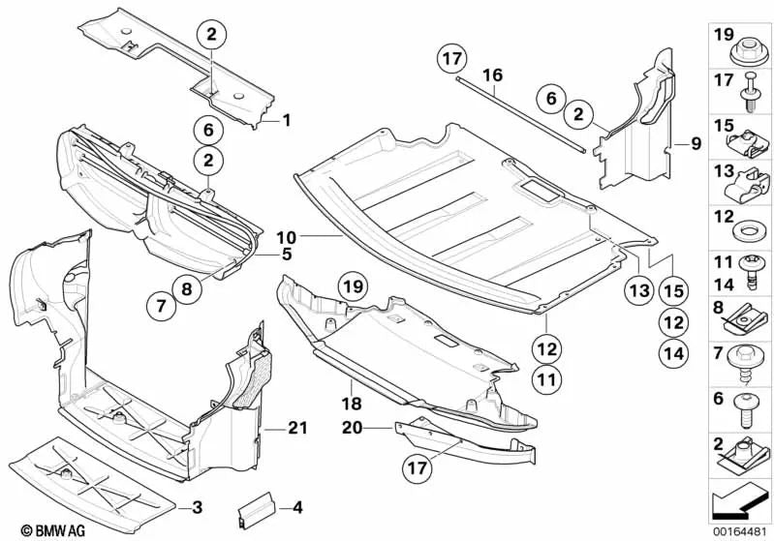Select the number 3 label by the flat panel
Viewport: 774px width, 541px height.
[197, 506]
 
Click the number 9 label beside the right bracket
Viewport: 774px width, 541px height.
[695, 144]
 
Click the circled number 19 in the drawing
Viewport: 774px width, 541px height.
[354, 286]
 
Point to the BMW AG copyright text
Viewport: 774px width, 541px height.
[35, 529]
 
